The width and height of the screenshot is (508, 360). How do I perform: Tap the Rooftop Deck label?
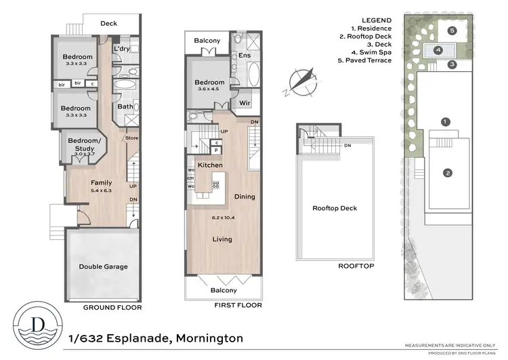[334, 208]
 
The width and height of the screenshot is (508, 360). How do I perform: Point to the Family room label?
[102, 182]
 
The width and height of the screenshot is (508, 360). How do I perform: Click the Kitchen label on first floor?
[210, 165]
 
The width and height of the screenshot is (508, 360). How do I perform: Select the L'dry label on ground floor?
[122, 49]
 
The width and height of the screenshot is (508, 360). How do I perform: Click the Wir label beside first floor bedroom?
[245, 104]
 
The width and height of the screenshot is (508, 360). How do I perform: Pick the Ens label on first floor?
[245, 56]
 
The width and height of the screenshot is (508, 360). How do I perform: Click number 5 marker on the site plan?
[452, 31]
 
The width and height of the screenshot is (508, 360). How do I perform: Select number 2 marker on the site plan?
[447, 173]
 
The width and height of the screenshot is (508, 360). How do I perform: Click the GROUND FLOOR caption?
[112, 307]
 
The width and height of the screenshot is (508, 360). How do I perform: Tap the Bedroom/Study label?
[85, 144]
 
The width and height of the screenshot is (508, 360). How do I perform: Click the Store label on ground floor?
[131, 139]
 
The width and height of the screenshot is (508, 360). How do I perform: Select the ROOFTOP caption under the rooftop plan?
[356, 266]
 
